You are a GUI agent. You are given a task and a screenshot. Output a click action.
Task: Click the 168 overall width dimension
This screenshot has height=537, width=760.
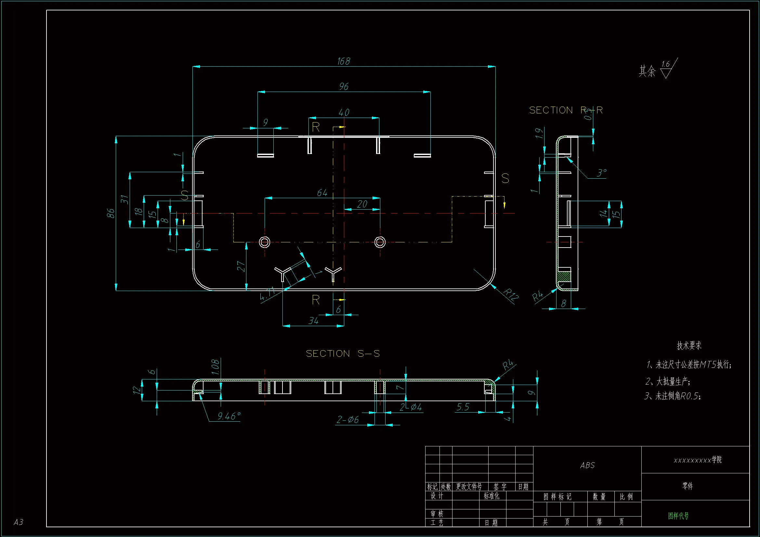coord(344,61)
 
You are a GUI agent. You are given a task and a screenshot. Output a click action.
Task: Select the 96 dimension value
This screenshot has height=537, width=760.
coord(344,86)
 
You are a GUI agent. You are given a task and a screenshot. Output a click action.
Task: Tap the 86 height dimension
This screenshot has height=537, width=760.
coord(111,213)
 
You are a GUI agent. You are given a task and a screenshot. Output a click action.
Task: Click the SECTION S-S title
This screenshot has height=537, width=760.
coord(343,354)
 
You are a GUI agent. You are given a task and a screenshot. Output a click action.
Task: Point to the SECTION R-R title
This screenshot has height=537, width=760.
coord(566,110)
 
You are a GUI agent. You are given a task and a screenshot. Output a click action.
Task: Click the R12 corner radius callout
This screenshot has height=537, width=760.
coord(511,294)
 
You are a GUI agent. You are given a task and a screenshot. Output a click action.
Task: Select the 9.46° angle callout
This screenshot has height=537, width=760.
coord(229,416)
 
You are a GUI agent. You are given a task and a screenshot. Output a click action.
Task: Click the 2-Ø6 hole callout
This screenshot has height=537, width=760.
coord(347,419)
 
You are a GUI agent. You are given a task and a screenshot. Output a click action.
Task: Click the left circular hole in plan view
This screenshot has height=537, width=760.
coord(264,242)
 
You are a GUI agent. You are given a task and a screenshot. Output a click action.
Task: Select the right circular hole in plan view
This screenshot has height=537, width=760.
coord(380,242)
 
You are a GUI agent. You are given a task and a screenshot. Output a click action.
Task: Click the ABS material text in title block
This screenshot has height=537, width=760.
coord(587,466)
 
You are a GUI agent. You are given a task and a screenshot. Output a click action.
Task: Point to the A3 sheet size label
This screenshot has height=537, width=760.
coord(19,522)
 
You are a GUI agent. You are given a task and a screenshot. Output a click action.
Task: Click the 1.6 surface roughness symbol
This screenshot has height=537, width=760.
coord(666,69)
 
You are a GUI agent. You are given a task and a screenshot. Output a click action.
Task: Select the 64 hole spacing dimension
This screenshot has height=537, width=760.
coord(322,193)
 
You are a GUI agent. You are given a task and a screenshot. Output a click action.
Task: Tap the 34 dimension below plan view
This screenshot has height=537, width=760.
coord(313,321)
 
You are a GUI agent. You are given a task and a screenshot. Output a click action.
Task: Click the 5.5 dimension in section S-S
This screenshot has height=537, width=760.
coord(463,407)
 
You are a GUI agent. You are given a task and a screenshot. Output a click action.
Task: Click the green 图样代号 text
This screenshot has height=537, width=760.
coord(678,516)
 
